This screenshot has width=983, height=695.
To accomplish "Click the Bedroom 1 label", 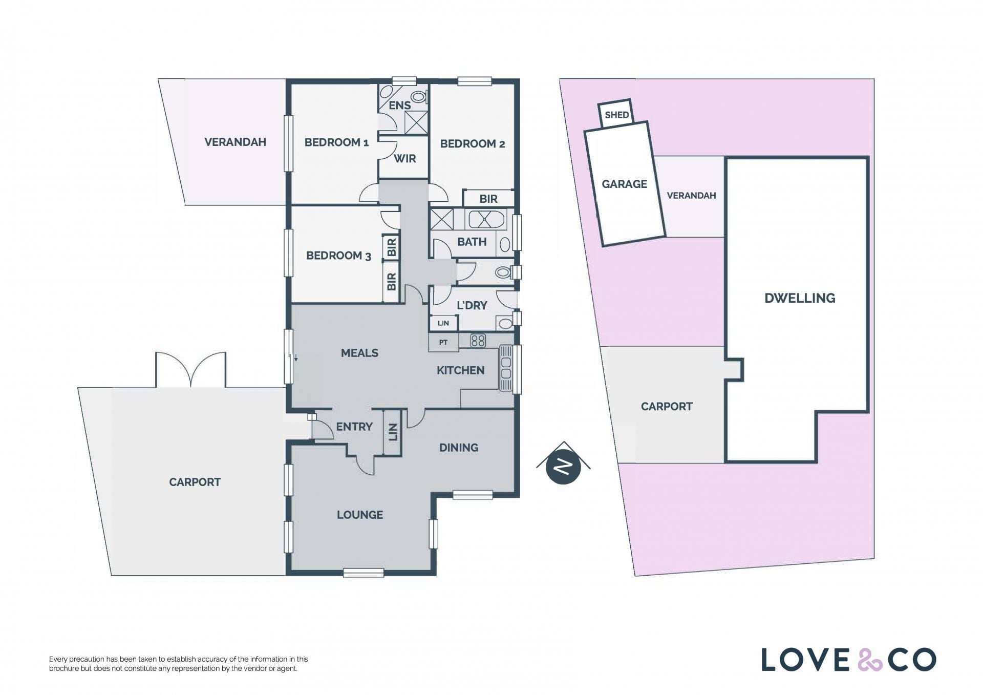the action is (336, 142).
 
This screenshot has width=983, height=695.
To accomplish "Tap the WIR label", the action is (404, 159).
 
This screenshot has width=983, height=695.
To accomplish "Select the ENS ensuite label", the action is (399, 106).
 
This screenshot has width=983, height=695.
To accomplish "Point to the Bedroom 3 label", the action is (338, 256).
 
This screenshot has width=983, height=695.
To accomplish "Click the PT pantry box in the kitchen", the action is (443, 342).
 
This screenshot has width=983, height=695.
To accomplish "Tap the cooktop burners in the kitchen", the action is (478, 341).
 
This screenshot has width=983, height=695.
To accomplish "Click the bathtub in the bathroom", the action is (486, 220).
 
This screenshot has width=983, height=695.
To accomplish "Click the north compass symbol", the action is (563, 466).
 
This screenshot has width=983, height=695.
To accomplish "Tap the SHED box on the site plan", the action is (616, 114).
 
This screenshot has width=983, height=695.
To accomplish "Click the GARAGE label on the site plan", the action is (624, 184).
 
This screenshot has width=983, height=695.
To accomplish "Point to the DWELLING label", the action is (800, 298).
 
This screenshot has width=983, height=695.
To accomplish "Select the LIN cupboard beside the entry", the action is (393, 432).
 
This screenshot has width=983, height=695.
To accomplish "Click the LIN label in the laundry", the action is (443, 323).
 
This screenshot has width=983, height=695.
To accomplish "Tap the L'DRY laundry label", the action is (472, 305).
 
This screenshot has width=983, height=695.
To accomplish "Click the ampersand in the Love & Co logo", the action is (870, 660).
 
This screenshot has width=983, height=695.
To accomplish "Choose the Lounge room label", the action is (360, 515).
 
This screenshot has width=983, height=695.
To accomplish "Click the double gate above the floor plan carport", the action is (190, 369).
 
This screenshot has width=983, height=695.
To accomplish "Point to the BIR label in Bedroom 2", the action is (488, 199).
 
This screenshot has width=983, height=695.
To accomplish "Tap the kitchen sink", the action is (506, 368).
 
